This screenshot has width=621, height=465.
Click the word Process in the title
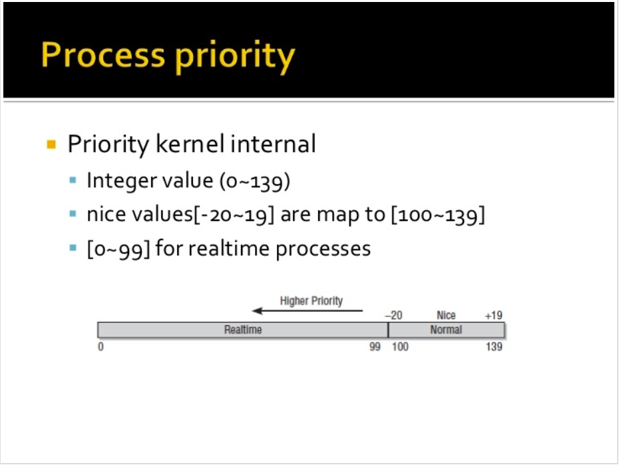(103, 55)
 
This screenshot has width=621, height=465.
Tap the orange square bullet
(51, 144)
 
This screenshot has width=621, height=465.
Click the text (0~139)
(255, 181)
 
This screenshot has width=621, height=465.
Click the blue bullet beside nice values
(73, 214)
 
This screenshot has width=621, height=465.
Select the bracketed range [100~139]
(438, 215)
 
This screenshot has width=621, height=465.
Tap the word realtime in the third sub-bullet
(229, 249)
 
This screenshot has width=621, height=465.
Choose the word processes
(323, 249)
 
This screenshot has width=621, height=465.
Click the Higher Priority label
(311, 301)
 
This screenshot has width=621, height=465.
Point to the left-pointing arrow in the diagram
(308, 311)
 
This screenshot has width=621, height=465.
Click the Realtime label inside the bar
(243, 330)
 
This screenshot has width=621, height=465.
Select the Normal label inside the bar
(446, 330)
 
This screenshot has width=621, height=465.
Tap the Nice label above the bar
(446, 315)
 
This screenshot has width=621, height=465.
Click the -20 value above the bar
(393, 315)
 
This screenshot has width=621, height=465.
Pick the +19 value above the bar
(493, 315)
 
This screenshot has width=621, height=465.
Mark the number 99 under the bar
(375, 347)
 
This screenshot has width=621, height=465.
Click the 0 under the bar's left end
(101, 347)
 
